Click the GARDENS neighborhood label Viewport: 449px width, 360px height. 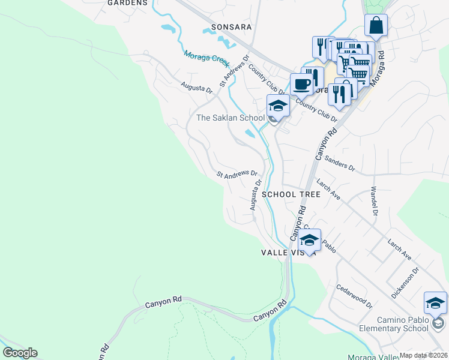(127, 3)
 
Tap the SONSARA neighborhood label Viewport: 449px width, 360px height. (227, 28)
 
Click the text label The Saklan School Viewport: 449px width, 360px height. (231, 118)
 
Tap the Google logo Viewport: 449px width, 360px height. (20, 353)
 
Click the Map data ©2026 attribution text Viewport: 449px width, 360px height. (423, 355)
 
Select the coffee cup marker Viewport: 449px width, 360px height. (301, 84)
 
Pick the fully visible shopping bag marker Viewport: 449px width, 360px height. (376, 26)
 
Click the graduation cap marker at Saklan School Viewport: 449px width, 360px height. (279, 106)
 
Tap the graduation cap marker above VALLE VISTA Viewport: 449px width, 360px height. (309, 240)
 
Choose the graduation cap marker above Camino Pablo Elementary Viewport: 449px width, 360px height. (435, 303)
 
